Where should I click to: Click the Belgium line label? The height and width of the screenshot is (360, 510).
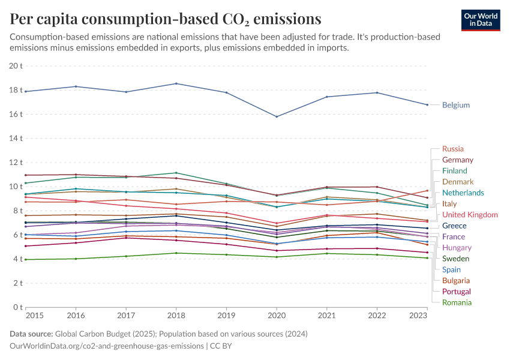coord(455,105)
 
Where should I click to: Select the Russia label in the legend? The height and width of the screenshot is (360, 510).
coord(452,149)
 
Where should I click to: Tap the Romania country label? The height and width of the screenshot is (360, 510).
coord(457,302)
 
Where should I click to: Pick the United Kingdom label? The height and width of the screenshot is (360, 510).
coord(470,215)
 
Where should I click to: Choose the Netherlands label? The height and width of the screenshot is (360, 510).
coord(463,193)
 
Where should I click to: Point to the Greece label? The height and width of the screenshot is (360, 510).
coord(454,226)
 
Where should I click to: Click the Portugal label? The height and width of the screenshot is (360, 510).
coord(457,292)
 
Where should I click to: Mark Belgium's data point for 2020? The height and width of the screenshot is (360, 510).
coord(277,116)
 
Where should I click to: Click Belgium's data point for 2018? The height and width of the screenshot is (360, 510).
coord(176,83)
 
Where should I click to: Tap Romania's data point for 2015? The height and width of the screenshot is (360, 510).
coord(26,259)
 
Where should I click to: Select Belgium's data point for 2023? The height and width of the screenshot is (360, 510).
coord(427,104)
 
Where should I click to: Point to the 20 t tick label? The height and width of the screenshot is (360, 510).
coord(16,66)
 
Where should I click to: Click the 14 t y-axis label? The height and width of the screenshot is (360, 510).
coord(16,139)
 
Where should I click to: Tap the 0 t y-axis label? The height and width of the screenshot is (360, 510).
coord(18,307)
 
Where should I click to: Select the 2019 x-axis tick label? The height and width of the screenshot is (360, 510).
coord(226,314)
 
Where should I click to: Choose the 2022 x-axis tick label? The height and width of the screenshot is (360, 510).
coord(377,314)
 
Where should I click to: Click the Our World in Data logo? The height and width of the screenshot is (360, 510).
coord(481,19)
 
